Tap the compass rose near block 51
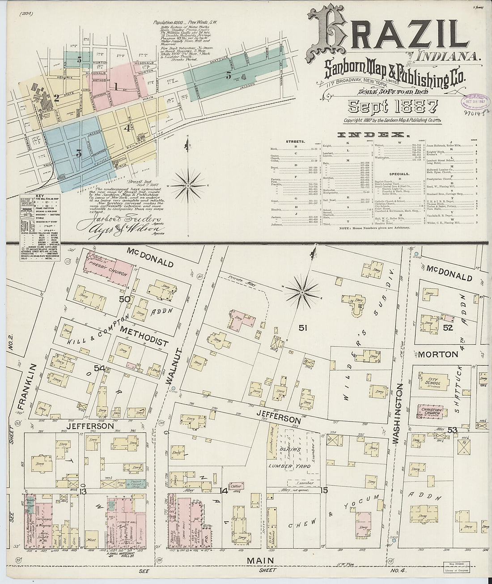tap(302, 292)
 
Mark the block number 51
tap(303, 328)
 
